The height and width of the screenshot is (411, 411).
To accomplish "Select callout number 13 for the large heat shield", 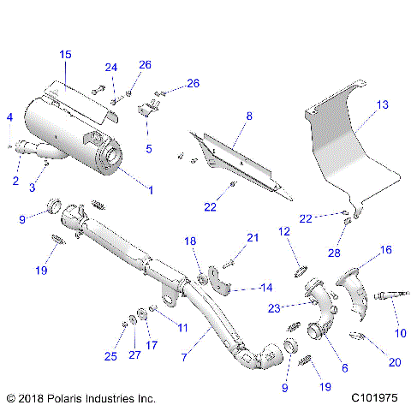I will pyautogui.click(x=382, y=104).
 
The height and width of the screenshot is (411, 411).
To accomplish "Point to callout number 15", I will pyautogui.click(x=66, y=55).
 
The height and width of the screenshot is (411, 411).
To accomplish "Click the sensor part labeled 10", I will pyautogui.click(x=390, y=298).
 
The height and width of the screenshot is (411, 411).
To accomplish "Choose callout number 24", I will pyautogui.click(x=110, y=68).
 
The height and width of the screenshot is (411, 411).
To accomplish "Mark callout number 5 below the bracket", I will pyautogui.click(x=149, y=148).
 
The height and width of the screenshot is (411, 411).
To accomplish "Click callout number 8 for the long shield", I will pyautogui.click(x=248, y=115).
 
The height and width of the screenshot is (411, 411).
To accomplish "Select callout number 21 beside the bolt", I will pyautogui.click(x=252, y=237).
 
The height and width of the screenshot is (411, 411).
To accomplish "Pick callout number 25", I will pyautogui.click(x=109, y=356).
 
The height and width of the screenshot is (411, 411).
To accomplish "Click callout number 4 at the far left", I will pyautogui.click(x=9, y=116).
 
